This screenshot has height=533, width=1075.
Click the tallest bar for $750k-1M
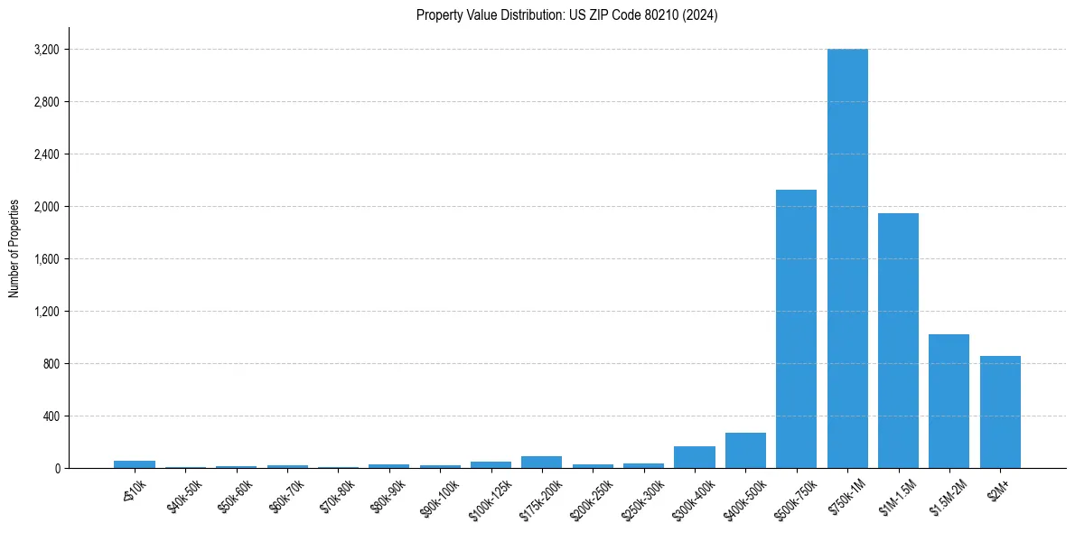[x=847, y=258]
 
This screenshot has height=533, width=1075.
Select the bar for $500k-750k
[x=796, y=329]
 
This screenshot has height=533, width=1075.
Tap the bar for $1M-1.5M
[x=898, y=341]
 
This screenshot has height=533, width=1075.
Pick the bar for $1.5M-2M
[x=949, y=401]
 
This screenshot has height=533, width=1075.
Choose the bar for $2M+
[x=1000, y=412]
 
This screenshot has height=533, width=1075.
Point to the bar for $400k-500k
[x=745, y=451]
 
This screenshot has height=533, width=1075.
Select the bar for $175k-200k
[x=541, y=463]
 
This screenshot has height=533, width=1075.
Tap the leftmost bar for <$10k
[x=135, y=464]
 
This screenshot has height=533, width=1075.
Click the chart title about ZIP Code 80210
[x=567, y=15]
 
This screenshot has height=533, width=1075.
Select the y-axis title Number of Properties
[x=14, y=248]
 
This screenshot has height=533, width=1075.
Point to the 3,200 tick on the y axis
[x=46, y=50]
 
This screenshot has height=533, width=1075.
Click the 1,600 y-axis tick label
[x=46, y=259]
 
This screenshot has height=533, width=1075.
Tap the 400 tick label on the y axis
[x=51, y=416]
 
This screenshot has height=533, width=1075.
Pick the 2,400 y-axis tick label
[x=46, y=154]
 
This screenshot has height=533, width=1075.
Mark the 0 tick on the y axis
[x=56, y=469]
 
